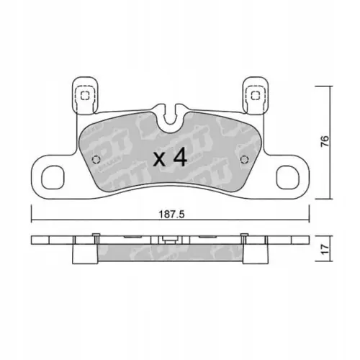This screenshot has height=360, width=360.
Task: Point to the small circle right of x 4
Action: click(x=243, y=159)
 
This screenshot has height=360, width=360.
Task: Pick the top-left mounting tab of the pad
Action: click(x=84, y=94)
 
